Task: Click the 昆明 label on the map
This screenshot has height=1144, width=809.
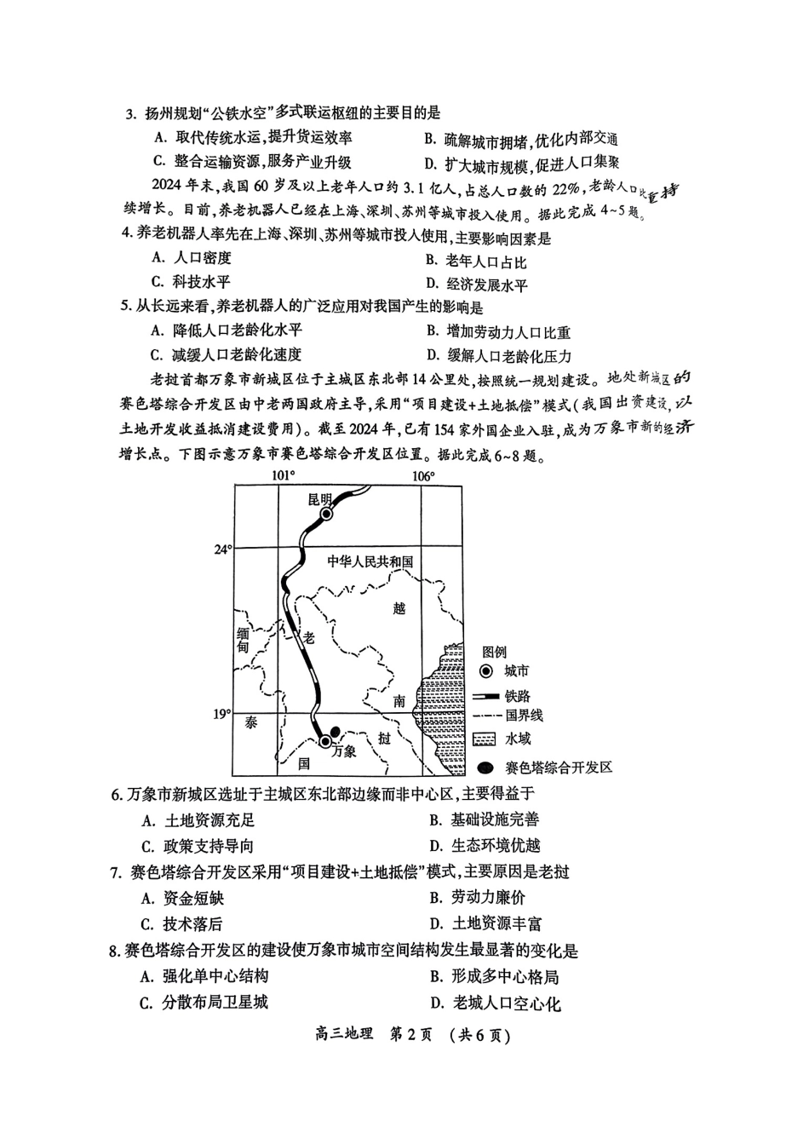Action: click(x=320, y=498)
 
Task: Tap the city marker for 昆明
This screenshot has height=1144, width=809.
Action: click(x=327, y=515)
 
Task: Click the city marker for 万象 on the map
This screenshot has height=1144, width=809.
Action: click(x=325, y=741)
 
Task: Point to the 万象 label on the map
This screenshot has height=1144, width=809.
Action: click(x=343, y=751)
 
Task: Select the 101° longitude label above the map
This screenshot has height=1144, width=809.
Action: click(x=284, y=476)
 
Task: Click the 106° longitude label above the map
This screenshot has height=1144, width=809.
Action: click(x=423, y=476)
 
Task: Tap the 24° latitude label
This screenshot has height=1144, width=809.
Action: click(x=223, y=550)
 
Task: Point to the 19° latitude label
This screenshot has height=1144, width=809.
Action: click(x=222, y=714)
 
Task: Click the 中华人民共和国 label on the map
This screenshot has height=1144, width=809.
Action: click(x=370, y=562)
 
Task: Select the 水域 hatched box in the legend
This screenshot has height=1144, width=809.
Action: click(x=484, y=739)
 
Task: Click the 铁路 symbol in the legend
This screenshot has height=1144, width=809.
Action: click(x=485, y=696)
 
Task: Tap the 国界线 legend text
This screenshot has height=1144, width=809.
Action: click(x=525, y=715)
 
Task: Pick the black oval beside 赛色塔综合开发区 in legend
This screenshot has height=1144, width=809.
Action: click(x=486, y=767)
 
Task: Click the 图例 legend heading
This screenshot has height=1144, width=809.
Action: click(x=494, y=652)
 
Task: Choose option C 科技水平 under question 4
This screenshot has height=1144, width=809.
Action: click(x=191, y=281)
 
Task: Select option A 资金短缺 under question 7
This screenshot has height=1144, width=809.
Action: click(x=183, y=898)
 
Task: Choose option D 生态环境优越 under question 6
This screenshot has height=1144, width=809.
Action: click(x=485, y=846)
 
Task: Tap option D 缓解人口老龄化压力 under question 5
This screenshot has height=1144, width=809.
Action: click(x=499, y=356)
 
